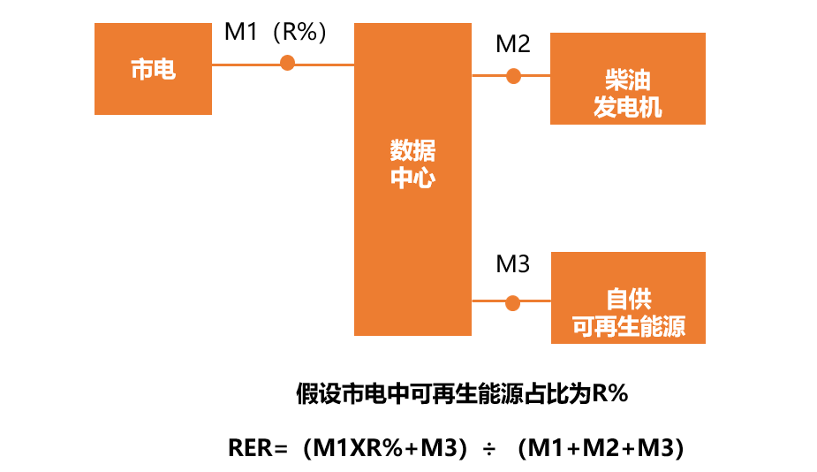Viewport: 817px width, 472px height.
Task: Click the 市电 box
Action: pos(153,69)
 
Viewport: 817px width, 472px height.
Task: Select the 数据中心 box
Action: pos(412,179)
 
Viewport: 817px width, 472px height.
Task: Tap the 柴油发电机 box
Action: pos(627,79)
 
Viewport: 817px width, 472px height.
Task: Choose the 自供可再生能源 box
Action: pos(628,298)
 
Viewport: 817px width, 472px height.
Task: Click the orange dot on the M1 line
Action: pos(287,63)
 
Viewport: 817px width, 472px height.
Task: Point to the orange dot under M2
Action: pos(513,76)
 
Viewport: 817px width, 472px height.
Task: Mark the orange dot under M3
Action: pos(512,302)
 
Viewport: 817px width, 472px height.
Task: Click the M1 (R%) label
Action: pos(276,33)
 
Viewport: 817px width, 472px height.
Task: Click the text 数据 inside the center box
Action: pos(412,149)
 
